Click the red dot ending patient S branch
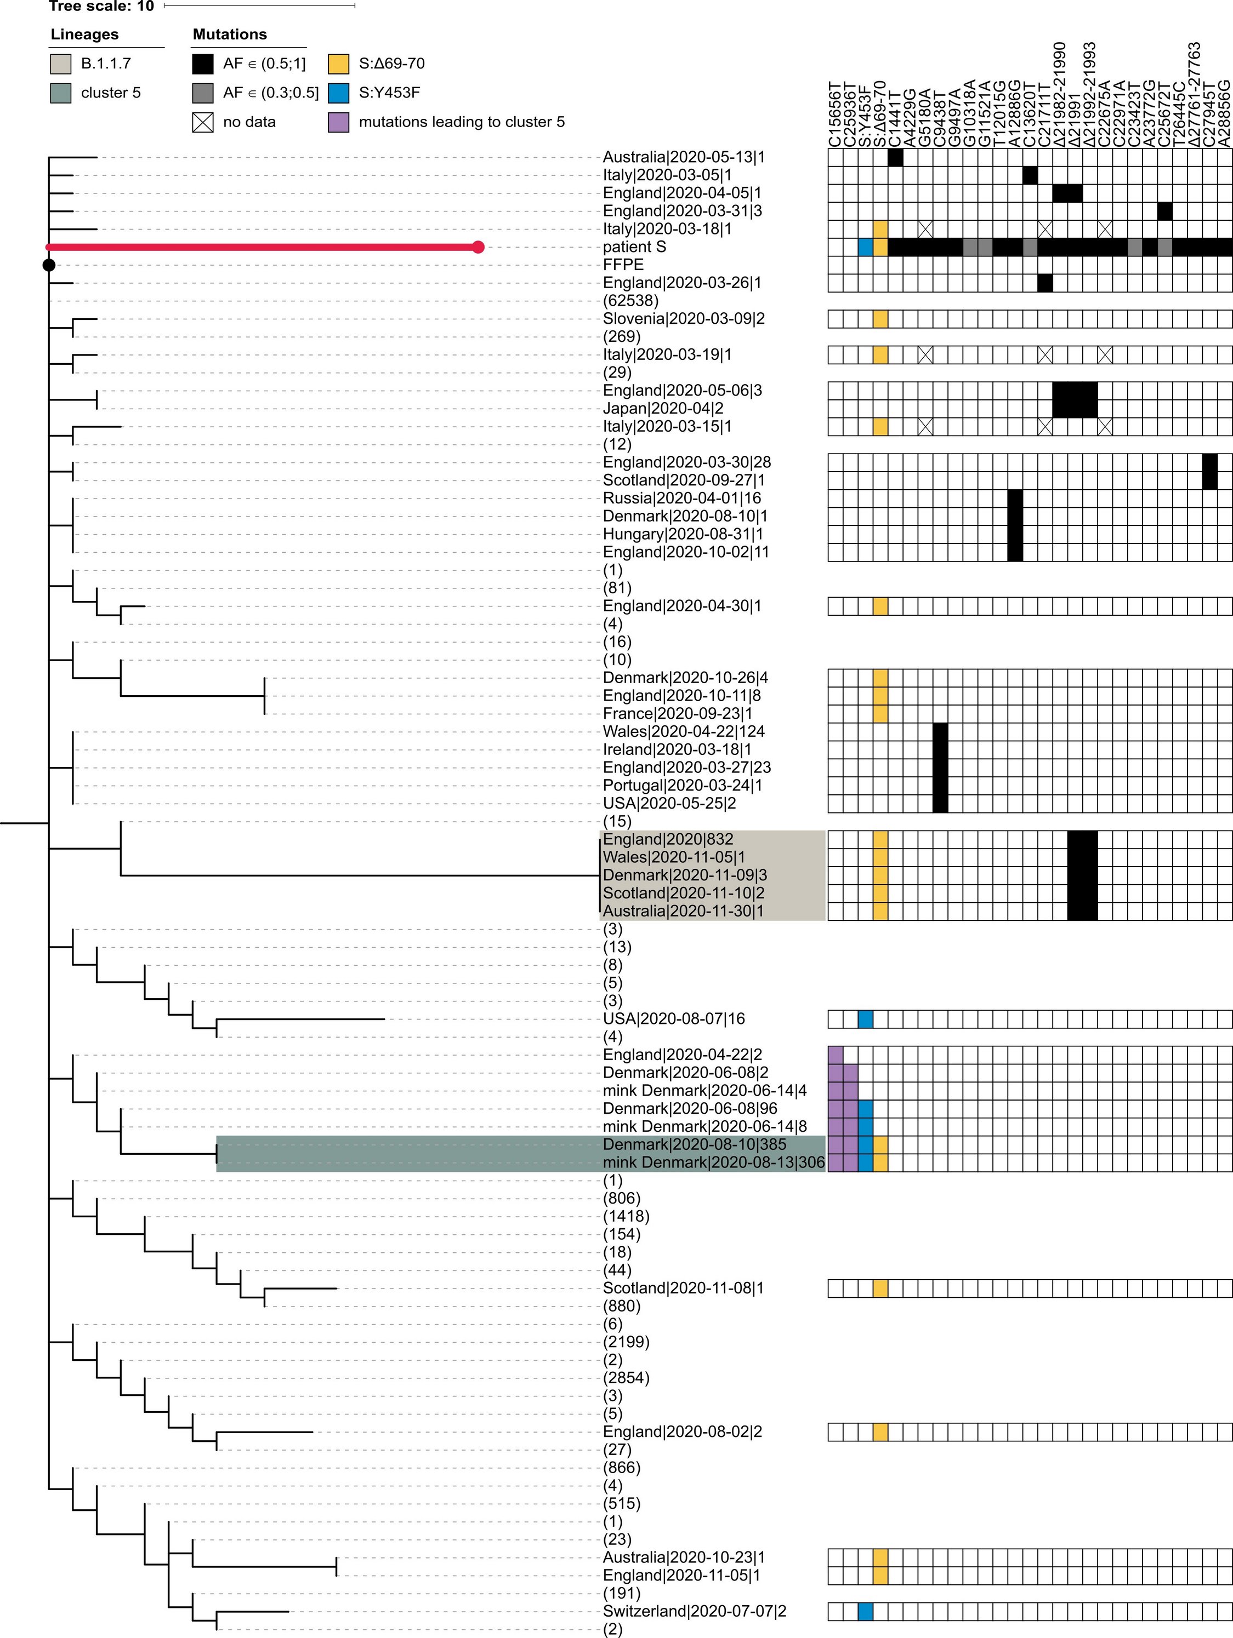click(478, 247)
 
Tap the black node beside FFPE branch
click(49, 265)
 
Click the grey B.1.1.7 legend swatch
click(61, 64)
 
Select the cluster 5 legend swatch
click(61, 93)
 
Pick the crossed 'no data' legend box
click(202, 122)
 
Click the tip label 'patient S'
click(634, 247)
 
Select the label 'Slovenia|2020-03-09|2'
click(683, 318)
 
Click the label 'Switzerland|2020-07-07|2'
click(694, 1611)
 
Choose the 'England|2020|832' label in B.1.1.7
click(668, 839)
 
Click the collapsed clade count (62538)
click(630, 301)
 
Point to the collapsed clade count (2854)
click(626, 1377)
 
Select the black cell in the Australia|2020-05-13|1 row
click(895, 157)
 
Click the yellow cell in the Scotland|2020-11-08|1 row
click(880, 1288)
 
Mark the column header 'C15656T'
click(835, 115)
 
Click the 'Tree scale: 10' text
click(101, 6)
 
